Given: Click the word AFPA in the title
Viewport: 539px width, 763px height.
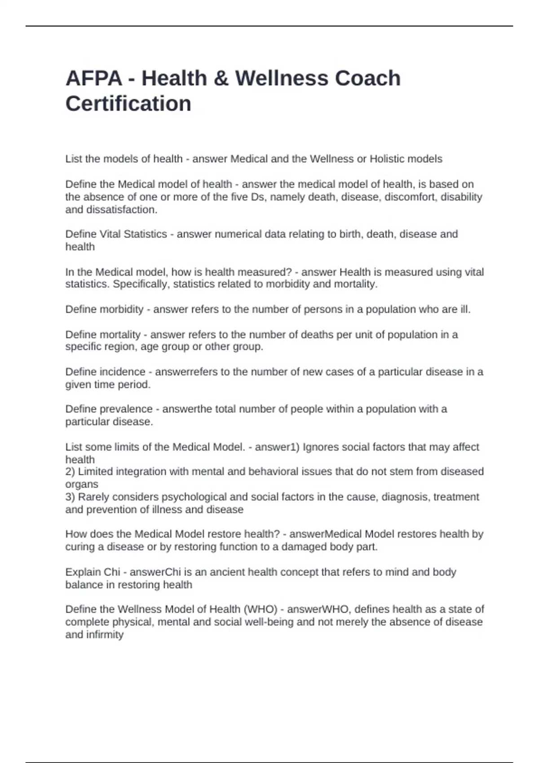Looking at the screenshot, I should tap(94, 79).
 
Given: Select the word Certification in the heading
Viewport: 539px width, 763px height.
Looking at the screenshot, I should tap(128, 104).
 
